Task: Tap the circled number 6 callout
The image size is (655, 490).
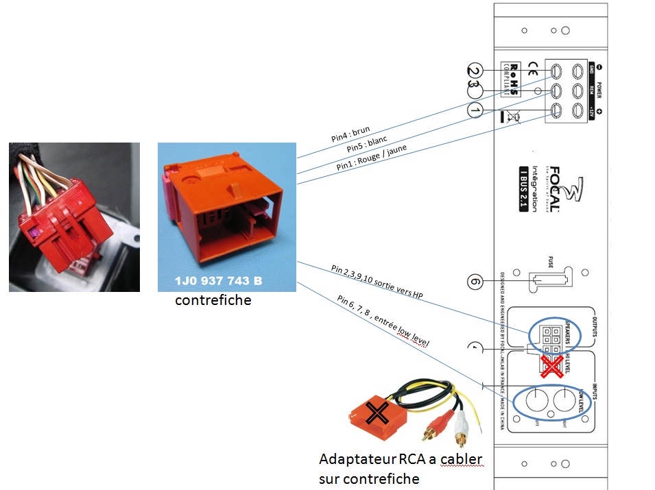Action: pyautogui.click(x=475, y=281)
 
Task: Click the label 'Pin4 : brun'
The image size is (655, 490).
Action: pyautogui.click(x=350, y=134)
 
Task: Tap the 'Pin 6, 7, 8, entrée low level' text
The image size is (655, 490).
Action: pyautogui.click(x=383, y=320)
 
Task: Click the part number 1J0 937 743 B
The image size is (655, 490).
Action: pyautogui.click(x=217, y=282)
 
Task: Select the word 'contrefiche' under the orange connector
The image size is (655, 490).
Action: pyautogui.click(x=213, y=301)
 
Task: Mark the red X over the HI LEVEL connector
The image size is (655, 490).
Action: pyautogui.click(x=549, y=366)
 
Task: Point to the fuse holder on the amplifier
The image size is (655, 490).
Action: pyautogui.click(x=546, y=281)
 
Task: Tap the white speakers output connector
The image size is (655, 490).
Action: pyautogui.click(x=549, y=336)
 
